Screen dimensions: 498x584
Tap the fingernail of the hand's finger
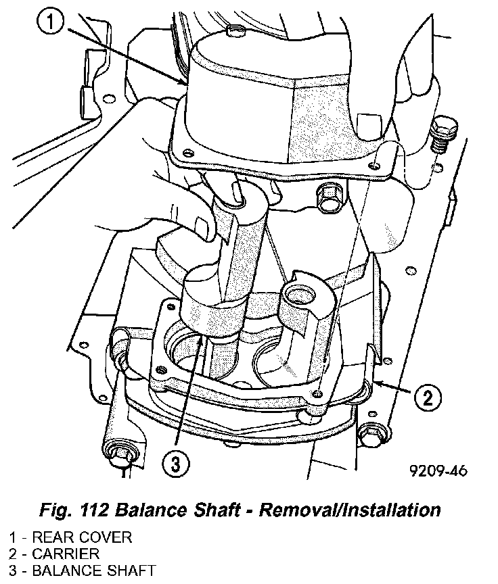pyautogui.click(x=200, y=227)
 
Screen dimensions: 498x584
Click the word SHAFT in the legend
pyautogui.click(x=133, y=570)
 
